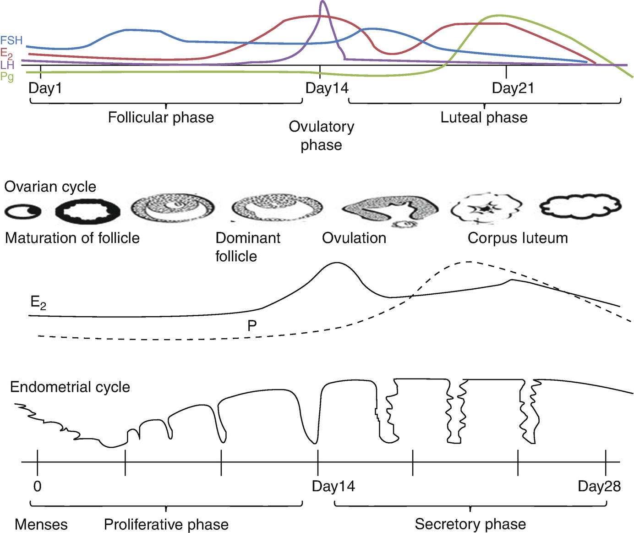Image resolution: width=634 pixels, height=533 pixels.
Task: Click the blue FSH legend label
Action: coord(11,40)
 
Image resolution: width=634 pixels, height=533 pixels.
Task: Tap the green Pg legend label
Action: coord(7,77)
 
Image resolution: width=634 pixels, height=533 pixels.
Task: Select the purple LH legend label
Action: coord(7,65)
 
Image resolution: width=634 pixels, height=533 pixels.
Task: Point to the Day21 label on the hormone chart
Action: coord(513,88)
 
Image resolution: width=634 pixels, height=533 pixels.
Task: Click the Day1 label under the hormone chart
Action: coord(45,88)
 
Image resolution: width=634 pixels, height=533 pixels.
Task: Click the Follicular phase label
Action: coord(161,117)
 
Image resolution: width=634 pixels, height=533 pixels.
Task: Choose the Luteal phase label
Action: coord(484,117)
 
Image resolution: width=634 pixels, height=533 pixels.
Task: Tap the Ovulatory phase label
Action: coord(321,136)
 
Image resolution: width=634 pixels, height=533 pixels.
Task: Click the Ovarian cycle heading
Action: coord(50,187)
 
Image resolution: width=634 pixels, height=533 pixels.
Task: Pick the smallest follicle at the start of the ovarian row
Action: coord(23,211)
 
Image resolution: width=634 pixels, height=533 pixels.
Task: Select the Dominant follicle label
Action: coord(248,247)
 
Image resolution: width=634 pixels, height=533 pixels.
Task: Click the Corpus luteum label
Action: coord(518,238)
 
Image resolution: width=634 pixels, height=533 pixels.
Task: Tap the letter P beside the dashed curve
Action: coord(252,326)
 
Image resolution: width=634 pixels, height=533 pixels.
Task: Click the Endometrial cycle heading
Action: coord(70,387)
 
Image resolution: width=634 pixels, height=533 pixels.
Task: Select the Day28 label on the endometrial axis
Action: coord(599,486)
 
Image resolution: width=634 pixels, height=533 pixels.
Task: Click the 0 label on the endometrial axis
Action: coord(38,486)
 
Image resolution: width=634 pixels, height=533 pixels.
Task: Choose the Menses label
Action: coord(41,524)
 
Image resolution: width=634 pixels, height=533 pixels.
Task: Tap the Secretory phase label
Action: coord(470,524)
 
